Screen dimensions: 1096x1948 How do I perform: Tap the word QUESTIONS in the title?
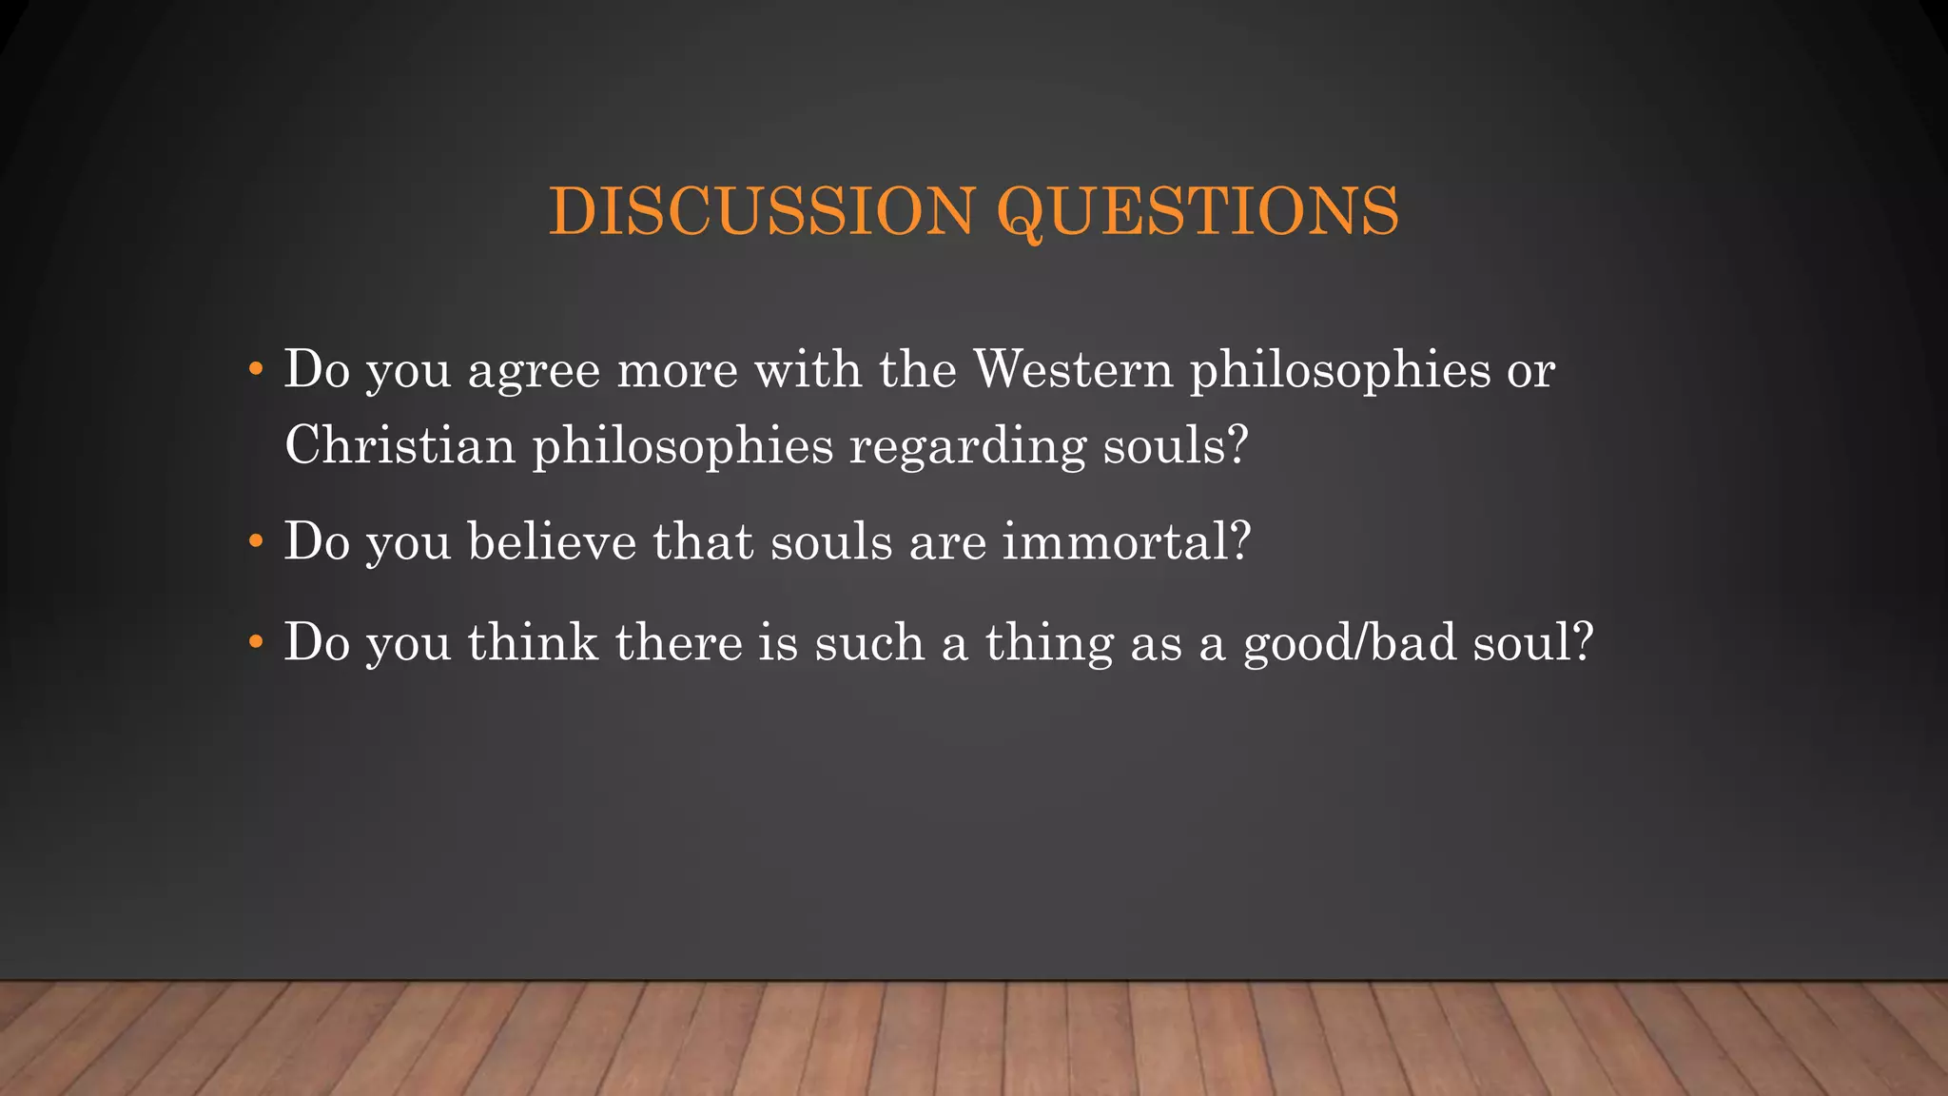(x=1198, y=210)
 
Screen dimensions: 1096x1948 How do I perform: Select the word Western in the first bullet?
(x=1074, y=369)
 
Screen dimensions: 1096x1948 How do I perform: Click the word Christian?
(x=399, y=445)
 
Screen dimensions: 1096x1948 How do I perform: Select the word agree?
(x=534, y=371)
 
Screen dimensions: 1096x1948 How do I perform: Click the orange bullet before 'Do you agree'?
(x=254, y=369)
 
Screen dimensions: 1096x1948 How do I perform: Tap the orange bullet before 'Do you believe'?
(x=254, y=542)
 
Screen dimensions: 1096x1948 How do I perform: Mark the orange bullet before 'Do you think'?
(x=254, y=643)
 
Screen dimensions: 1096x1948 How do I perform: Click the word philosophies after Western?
(x=1340, y=369)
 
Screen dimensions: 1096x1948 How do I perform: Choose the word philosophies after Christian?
(x=682, y=445)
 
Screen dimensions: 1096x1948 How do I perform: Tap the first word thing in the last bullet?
(x=1049, y=643)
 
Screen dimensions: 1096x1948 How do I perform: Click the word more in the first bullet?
(x=677, y=371)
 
